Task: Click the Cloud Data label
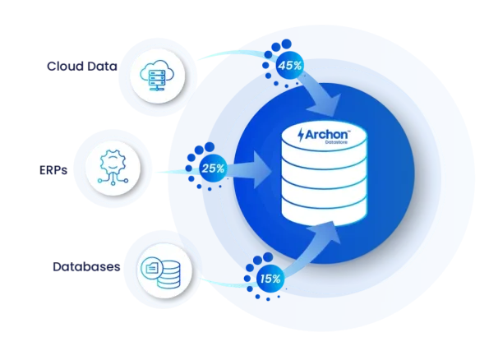[82, 66]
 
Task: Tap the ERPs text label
[53, 170]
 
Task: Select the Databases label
[86, 267]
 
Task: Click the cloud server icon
[157, 75]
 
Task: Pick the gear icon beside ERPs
[113, 168]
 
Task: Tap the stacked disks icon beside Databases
[168, 275]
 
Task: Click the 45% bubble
[290, 66]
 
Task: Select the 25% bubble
[213, 168]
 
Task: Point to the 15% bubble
[270, 279]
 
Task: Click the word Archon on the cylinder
[326, 135]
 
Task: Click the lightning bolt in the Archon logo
[301, 135]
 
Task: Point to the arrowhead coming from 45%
[325, 104]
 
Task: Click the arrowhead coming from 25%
[261, 169]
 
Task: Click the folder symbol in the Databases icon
[152, 268]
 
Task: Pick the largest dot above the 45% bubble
[286, 44]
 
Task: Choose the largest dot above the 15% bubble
[268, 257]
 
